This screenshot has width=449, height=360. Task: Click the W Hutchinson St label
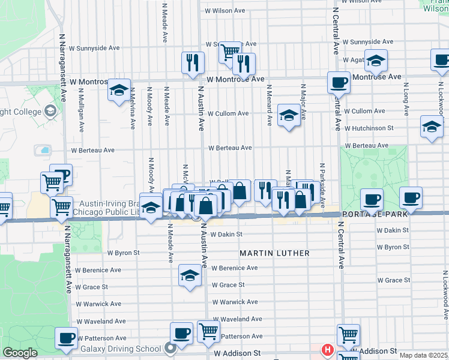368,128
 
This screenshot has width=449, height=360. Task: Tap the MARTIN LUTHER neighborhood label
275,253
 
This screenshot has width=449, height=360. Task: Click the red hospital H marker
328,349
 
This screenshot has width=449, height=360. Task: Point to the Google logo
20,353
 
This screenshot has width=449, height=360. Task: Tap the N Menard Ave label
270,104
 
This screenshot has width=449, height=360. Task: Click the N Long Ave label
406,99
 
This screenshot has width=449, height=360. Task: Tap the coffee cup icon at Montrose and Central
339,82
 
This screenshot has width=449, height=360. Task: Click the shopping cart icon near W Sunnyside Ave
229,52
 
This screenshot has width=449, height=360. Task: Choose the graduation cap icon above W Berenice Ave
190,275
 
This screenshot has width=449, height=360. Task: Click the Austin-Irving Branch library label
105,208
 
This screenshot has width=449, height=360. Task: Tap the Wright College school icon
50,111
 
